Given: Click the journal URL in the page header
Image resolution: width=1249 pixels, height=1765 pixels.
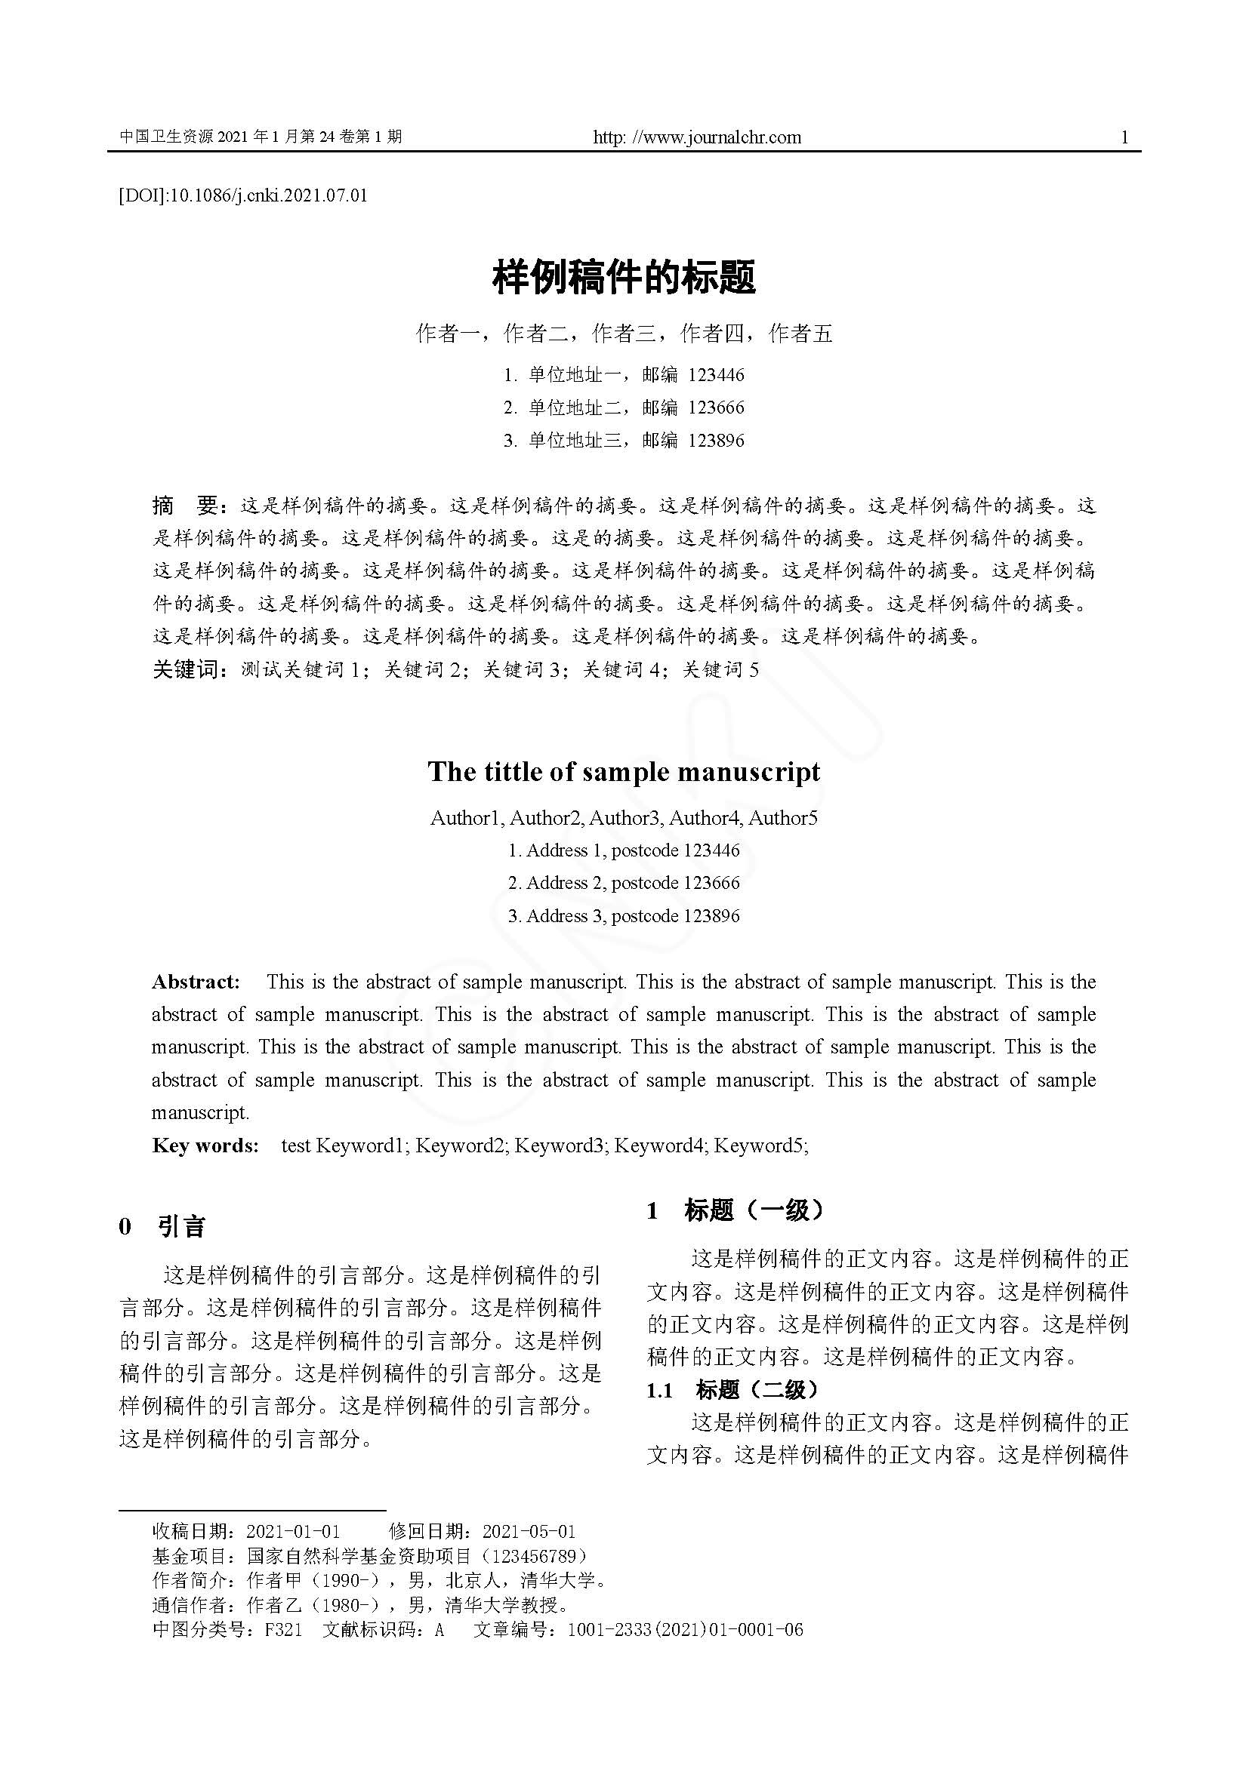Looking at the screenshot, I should (x=697, y=137).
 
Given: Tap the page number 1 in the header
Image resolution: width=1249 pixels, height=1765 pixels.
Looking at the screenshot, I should (x=1124, y=137).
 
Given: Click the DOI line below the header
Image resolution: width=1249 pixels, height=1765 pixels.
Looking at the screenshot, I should (x=243, y=195).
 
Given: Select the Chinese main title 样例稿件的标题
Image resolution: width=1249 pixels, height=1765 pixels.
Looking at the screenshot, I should (x=624, y=278).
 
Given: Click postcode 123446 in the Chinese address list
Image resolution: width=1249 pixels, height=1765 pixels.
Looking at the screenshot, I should (x=716, y=375).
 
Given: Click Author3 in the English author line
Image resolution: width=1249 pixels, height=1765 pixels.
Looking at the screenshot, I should (x=624, y=818).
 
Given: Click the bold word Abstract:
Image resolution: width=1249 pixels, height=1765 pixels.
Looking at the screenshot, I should (x=196, y=982).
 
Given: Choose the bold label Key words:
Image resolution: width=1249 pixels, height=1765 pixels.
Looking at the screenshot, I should (x=205, y=1145).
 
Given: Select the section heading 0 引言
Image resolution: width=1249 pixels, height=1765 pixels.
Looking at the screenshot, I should (x=162, y=1226).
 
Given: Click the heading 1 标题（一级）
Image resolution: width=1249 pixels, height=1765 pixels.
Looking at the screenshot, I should (x=736, y=1210).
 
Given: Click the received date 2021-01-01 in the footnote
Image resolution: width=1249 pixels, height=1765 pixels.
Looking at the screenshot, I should (x=293, y=1530).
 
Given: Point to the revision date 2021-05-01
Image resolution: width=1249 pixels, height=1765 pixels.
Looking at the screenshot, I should (x=529, y=1530).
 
